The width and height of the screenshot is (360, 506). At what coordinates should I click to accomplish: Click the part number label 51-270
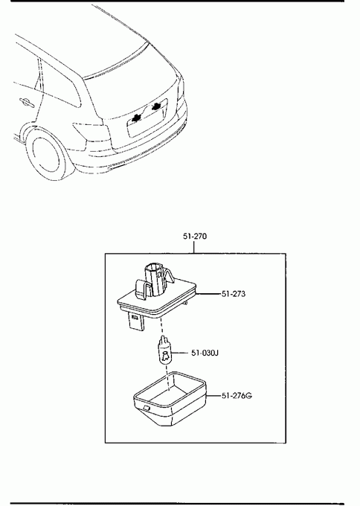(x=195, y=236)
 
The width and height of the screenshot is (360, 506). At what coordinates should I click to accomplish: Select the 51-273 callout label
(x=234, y=294)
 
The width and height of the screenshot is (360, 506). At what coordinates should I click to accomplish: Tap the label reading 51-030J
(x=205, y=353)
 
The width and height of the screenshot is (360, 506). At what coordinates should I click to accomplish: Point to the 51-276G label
(x=237, y=395)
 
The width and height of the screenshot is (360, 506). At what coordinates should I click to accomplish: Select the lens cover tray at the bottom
(x=170, y=398)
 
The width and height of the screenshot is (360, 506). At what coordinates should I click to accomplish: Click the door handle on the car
(x=27, y=103)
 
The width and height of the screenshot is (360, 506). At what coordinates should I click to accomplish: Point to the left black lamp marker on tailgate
(x=136, y=118)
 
